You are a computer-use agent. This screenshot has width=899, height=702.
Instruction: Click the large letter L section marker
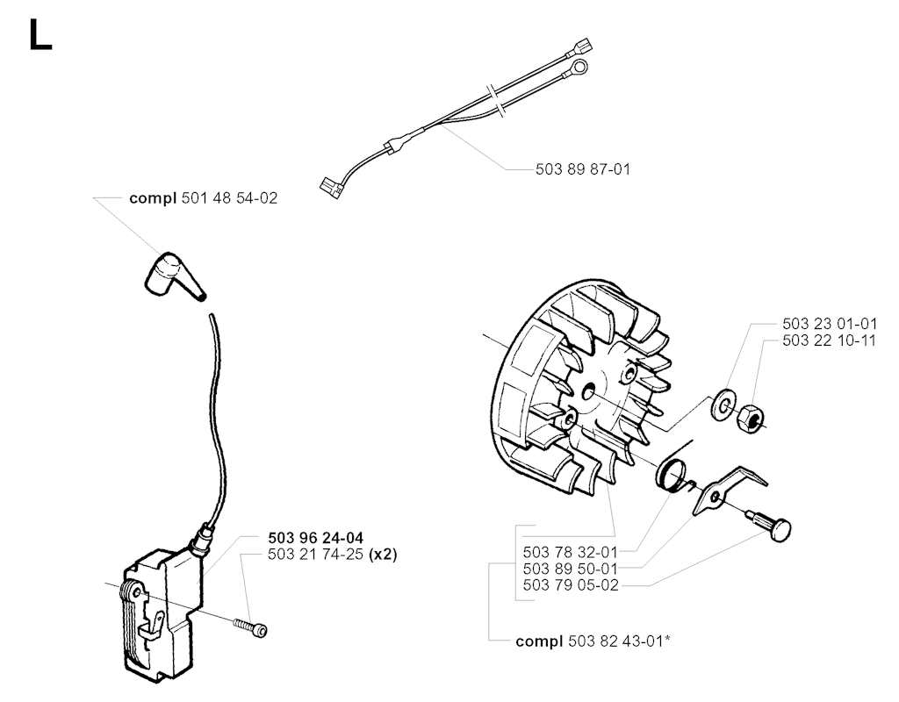point(40,36)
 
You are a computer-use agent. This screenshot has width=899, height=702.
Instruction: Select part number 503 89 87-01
point(583,169)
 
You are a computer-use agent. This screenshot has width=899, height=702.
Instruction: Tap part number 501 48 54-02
point(229,198)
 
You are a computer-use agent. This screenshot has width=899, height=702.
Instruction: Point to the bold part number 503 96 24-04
point(315,538)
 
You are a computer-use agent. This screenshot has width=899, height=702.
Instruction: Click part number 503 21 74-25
point(315,555)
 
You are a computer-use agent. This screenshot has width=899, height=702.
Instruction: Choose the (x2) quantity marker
point(383,555)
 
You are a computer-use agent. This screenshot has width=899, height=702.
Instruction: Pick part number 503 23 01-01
point(830,324)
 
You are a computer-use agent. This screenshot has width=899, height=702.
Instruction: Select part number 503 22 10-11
point(830,340)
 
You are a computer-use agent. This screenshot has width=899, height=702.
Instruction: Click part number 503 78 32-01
point(571,553)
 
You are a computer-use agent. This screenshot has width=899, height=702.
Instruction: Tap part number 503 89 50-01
point(571,569)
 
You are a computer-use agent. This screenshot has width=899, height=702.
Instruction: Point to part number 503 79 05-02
point(571,585)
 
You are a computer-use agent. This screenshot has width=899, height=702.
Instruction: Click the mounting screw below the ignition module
point(251,626)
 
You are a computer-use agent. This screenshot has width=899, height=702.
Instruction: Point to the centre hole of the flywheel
point(589,393)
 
